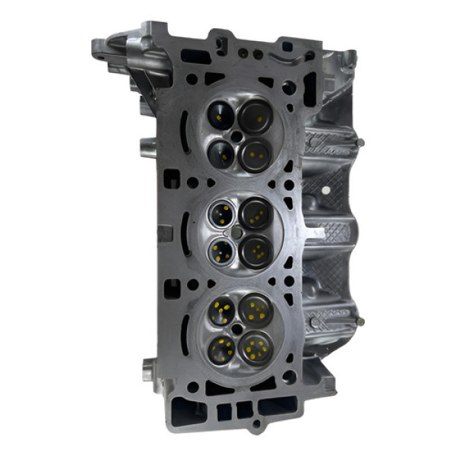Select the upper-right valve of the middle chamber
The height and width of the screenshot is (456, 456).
[x=256, y=215]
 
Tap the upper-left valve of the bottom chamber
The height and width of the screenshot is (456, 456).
[x=222, y=310]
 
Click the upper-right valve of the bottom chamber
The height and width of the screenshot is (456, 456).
[x=256, y=309]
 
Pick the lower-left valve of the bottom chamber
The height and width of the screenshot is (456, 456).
[x=223, y=349]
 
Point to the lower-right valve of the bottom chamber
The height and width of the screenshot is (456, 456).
[x=256, y=347]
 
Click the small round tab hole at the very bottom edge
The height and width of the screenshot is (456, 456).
[x=256, y=423]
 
